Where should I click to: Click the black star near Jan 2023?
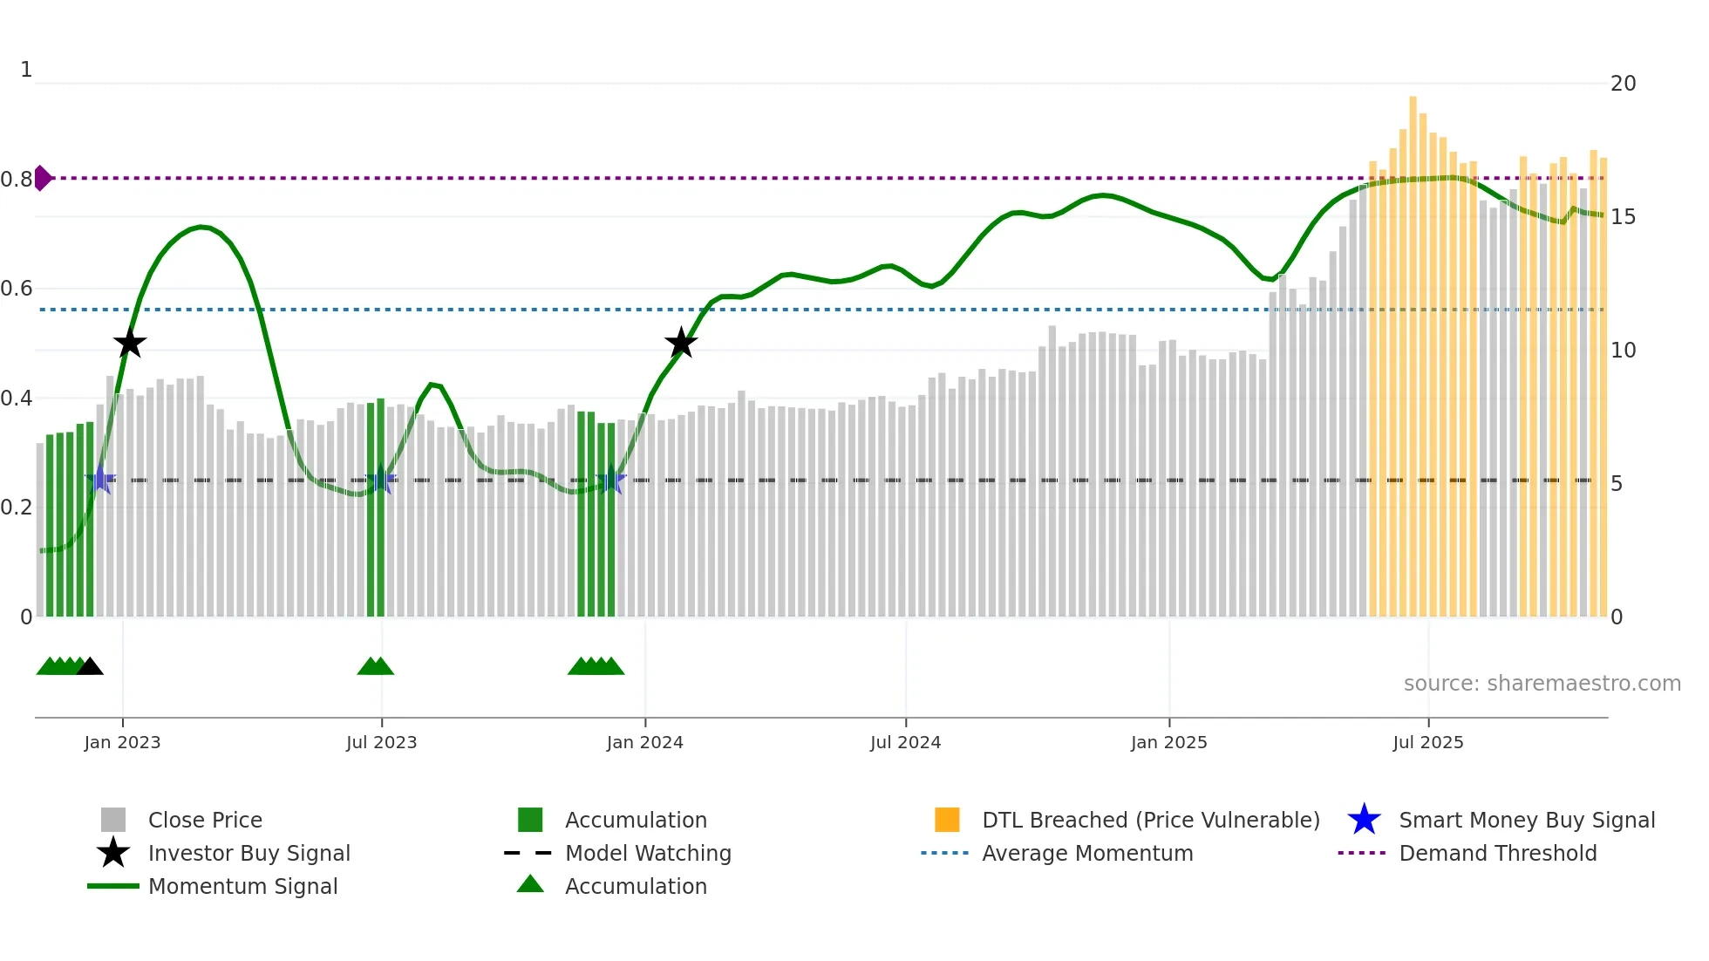click(130, 344)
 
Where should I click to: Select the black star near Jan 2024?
click(681, 344)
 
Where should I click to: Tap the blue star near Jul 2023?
click(381, 480)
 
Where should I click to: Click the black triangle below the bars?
click(90, 667)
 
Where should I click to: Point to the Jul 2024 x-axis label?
click(905, 742)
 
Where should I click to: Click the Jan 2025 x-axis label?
click(1168, 742)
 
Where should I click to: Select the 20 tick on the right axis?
click(1623, 84)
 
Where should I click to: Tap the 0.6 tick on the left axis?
click(17, 289)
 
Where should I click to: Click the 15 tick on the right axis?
click(1623, 217)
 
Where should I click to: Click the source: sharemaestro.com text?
click(1542, 684)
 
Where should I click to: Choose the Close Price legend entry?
click(205, 820)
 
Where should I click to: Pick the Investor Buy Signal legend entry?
click(249, 853)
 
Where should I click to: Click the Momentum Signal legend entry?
click(242, 886)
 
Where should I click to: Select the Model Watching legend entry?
click(648, 853)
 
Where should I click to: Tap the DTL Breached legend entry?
click(1150, 820)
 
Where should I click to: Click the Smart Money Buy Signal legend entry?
click(1526, 820)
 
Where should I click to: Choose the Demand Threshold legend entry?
click(1497, 853)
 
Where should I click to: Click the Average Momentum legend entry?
click(1086, 853)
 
